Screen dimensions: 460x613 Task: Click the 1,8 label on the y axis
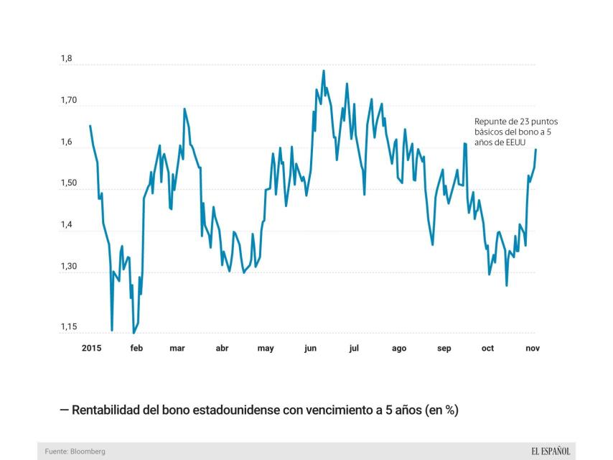[67, 58]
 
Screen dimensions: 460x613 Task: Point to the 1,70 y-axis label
[70, 101]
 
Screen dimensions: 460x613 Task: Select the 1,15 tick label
[70, 327]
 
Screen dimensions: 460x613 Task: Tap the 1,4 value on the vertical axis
[67, 226]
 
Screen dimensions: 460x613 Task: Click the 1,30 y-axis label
[70, 267]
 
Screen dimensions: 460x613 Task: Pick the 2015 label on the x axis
[92, 349]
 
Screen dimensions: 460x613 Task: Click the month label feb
[136, 349]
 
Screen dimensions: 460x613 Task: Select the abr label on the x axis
[222, 349]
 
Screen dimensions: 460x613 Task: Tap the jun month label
[310, 349]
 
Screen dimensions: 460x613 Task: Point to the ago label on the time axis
[399, 349]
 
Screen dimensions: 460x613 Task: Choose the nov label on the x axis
[533, 349]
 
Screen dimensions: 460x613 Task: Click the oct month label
[488, 349]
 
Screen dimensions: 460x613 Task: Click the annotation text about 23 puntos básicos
[515, 132]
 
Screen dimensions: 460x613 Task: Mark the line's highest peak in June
[324, 70]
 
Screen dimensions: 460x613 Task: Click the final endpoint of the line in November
[535, 149]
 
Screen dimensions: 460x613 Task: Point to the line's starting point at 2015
[90, 126]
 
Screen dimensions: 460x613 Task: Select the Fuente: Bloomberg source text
[75, 451]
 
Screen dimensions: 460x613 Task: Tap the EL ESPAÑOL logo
[551, 451]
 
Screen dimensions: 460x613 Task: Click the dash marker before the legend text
[65, 410]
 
